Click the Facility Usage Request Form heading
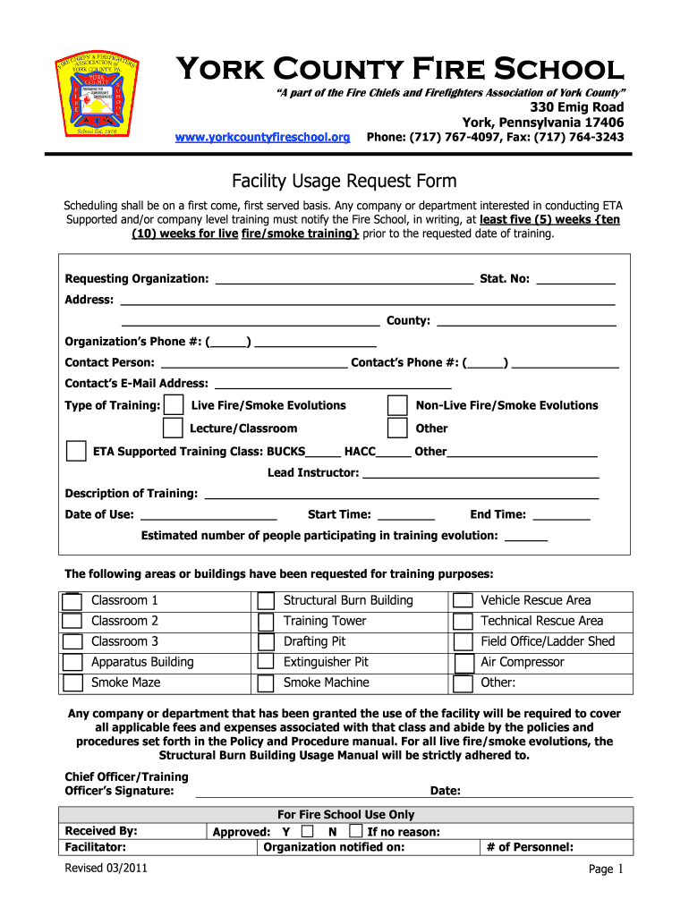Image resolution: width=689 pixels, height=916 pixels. [x=344, y=182]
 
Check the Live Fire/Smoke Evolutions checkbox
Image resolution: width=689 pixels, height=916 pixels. [x=175, y=406]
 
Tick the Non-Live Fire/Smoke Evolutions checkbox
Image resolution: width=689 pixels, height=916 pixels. [x=397, y=406]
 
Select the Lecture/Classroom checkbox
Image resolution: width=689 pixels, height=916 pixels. [x=175, y=429]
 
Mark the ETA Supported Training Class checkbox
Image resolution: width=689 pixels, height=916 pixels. [x=77, y=451]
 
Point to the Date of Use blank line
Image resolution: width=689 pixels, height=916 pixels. [x=208, y=514]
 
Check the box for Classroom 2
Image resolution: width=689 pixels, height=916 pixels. [x=72, y=622]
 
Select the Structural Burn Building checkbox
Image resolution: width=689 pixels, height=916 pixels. [x=266, y=601]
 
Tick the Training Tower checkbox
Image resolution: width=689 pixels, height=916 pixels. [x=266, y=622]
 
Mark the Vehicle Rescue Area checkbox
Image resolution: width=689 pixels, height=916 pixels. [x=463, y=601]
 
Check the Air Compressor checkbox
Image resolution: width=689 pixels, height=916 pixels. [x=463, y=663]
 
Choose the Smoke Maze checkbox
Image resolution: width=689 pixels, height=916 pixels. [x=72, y=683]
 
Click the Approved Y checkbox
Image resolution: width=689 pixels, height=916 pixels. [x=307, y=831]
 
